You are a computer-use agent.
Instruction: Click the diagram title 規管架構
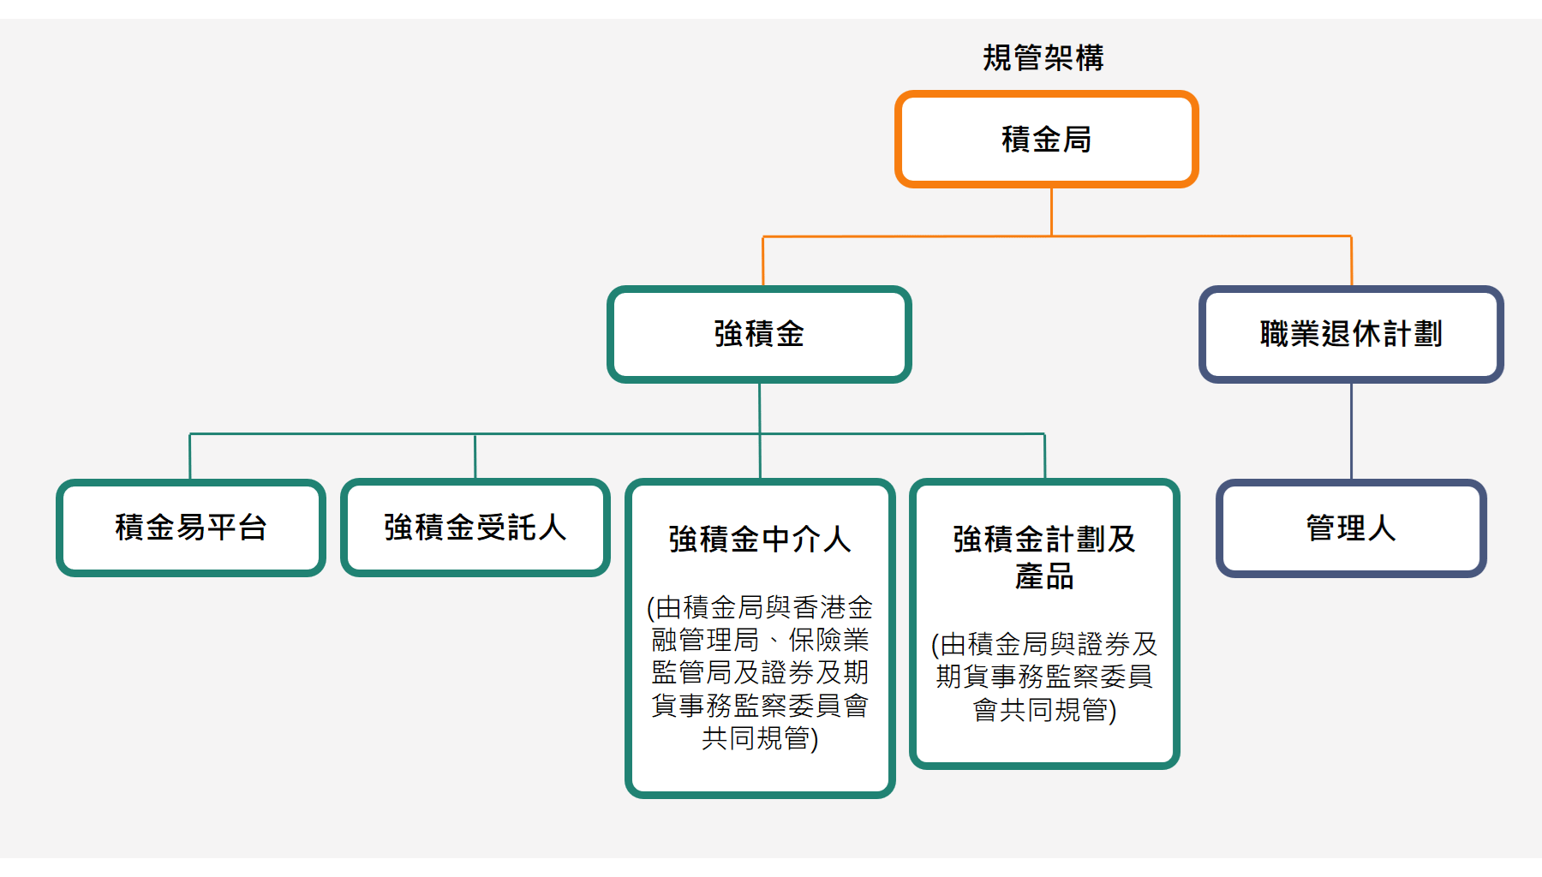(x=1043, y=57)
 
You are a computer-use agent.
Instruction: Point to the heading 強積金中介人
(x=760, y=540)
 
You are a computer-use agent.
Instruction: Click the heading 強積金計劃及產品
(x=1044, y=558)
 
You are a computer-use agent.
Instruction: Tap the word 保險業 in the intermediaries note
(x=828, y=640)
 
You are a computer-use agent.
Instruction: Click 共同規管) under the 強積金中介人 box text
(x=760, y=737)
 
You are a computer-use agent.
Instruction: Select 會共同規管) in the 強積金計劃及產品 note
(x=1044, y=709)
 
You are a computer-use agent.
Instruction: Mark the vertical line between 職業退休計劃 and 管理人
(x=1351, y=431)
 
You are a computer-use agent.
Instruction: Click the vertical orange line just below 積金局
(x=1051, y=212)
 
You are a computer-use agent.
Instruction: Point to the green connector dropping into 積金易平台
(x=190, y=456)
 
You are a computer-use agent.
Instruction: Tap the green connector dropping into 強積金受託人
(x=475, y=456)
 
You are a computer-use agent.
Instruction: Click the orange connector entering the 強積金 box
(x=763, y=261)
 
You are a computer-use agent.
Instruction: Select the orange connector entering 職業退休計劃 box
(x=1351, y=260)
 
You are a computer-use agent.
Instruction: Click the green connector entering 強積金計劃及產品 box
(x=1044, y=456)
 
